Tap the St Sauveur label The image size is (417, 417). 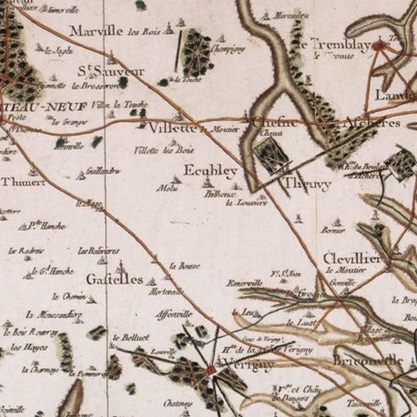pyautogui.click(x=111, y=71)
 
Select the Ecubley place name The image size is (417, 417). pyautogui.click(x=210, y=171)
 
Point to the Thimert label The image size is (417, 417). pyautogui.click(x=23, y=182)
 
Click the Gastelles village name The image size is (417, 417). pyautogui.click(x=114, y=279)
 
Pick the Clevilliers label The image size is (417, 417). pyautogui.click(x=351, y=259)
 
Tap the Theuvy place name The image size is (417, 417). pyautogui.click(x=307, y=185)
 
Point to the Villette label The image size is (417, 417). pyautogui.click(x=173, y=128)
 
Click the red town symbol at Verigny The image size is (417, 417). pyautogui.click(x=210, y=370)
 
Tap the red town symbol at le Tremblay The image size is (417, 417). pyautogui.click(x=380, y=45)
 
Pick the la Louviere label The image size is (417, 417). pyautogui.click(x=246, y=203)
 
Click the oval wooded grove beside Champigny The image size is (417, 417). pyautogui.click(x=197, y=52)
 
